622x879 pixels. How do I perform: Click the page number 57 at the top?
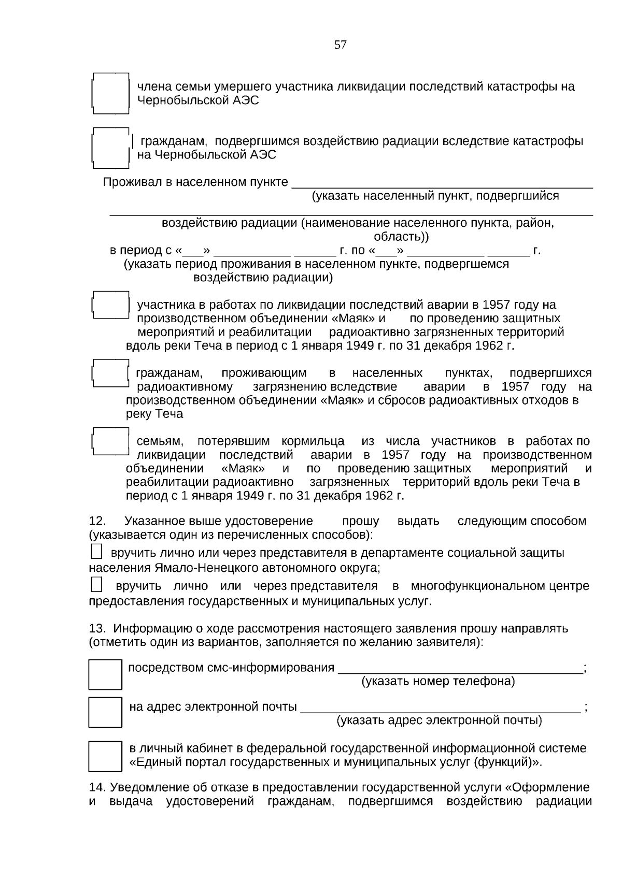[x=341, y=45]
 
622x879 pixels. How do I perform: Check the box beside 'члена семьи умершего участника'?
[x=110, y=94]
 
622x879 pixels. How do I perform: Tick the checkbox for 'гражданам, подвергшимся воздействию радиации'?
[x=110, y=148]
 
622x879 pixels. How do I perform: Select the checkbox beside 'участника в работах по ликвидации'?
[x=110, y=305]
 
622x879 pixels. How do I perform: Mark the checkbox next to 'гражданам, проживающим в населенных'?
[x=110, y=373]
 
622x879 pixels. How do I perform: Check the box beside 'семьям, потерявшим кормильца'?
[x=110, y=441]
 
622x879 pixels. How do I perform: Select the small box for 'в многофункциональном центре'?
[x=96, y=585]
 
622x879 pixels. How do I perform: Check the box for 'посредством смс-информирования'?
[x=105, y=674]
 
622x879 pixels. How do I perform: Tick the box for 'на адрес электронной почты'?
[x=105, y=712]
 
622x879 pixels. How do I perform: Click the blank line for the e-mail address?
[x=440, y=708]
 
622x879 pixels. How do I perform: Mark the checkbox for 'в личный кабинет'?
[x=105, y=756]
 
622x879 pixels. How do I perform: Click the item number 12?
[x=97, y=521]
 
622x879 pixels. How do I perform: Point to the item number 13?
[x=97, y=629]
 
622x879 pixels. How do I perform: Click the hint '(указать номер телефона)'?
[x=438, y=681]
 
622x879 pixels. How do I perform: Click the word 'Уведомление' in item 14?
[x=148, y=788]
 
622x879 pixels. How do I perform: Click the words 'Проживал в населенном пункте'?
[x=195, y=182]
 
